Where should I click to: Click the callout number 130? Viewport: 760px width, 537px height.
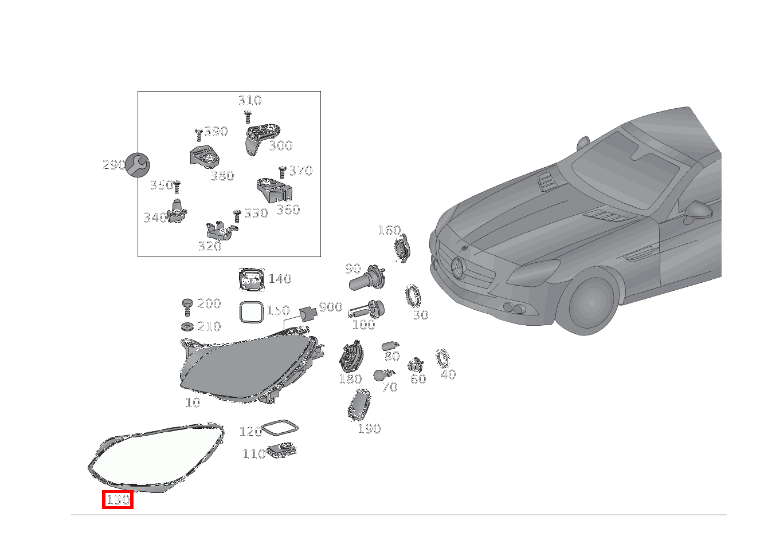click(x=118, y=500)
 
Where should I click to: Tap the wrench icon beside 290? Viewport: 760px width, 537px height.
click(x=138, y=165)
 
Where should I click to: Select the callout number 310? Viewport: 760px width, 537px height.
click(x=250, y=101)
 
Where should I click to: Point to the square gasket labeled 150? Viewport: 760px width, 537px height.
click(x=251, y=313)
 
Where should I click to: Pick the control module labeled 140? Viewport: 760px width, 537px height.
click(x=251, y=279)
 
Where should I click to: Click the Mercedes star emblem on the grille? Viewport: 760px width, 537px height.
click(x=459, y=267)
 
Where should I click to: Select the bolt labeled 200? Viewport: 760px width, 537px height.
click(x=187, y=306)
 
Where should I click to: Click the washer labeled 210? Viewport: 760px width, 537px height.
click(x=187, y=327)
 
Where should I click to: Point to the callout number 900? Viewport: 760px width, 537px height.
click(x=331, y=307)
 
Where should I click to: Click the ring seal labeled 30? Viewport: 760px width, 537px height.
click(x=413, y=296)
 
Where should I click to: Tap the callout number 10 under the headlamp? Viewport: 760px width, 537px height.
click(x=193, y=403)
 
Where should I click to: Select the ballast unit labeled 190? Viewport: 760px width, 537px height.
click(x=359, y=405)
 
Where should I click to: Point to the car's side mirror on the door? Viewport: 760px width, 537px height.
click(x=698, y=211)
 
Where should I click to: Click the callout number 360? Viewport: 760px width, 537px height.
click(x=288, y=210)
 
